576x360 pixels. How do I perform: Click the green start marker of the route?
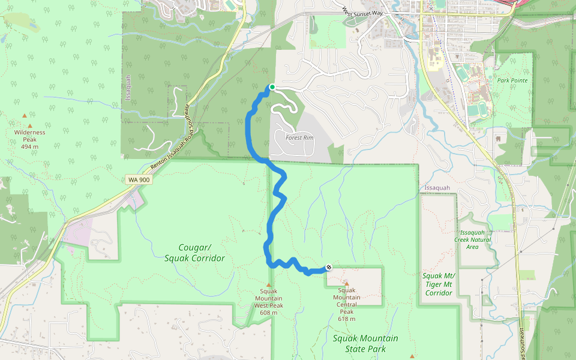(x=272, y=87)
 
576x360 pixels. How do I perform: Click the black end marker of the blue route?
(x=328, y=268)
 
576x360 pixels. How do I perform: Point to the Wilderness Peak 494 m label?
(x=29, y=139)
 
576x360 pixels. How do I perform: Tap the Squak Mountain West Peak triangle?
(x=269, y=285)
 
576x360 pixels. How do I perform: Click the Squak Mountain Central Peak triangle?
(x=346, y=284)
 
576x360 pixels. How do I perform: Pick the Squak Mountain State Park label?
(x=365, y=343)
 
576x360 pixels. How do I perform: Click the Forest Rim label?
(x=299, y=138)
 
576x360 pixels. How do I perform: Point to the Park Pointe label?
(x=512, y=79)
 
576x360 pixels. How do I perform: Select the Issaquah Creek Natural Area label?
(x=475, y=239)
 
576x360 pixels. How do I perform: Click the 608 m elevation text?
(x=269, y=313)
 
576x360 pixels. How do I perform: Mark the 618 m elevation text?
(x=347, y=319)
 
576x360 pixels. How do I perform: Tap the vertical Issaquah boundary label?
(x=128, y=88)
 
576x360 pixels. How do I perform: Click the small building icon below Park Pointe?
(x=497, y=138)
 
